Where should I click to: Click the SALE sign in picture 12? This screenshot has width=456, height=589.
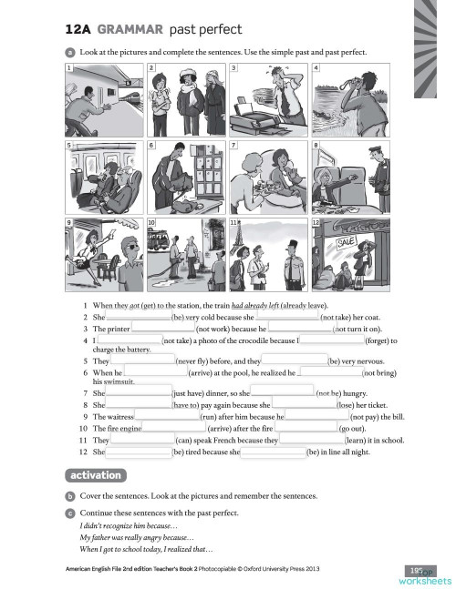click(347, 244)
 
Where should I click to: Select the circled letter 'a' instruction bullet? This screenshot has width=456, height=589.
click(69, 52)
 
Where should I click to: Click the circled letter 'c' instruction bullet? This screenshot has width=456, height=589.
click(69, 513)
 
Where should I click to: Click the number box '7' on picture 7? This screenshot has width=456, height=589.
click(233, 146)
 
